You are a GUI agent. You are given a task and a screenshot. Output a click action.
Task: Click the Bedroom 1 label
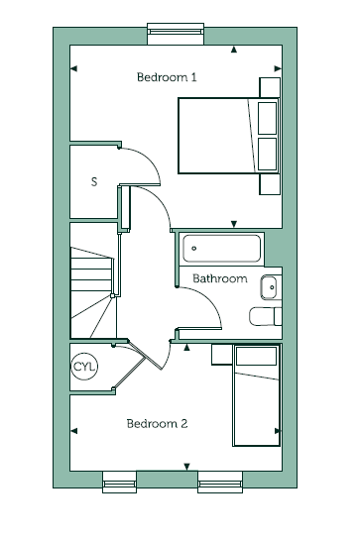(167, 76)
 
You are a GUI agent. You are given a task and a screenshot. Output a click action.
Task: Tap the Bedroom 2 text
(158, 423)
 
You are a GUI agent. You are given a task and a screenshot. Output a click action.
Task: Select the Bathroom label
(220, 278)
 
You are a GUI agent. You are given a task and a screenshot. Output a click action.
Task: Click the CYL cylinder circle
(84, 367)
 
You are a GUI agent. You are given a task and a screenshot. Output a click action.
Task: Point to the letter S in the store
(94, 181)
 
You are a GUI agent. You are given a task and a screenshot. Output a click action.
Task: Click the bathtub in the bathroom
(221, 248)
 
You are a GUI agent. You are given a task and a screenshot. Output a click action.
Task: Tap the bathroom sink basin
(269, 287)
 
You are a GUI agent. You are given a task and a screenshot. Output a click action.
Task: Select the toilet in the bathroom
(266, 316)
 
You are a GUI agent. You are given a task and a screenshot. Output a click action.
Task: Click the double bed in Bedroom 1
(228, 136)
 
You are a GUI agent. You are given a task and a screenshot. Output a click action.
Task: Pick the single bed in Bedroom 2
(257, 395)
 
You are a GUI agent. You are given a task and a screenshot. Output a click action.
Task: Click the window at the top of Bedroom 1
(176, 34)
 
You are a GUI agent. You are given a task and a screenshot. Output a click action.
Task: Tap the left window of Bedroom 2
(120, 482)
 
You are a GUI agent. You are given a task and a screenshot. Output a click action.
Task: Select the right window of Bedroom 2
(220, 482)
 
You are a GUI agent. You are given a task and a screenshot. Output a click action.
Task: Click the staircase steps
(92, 292)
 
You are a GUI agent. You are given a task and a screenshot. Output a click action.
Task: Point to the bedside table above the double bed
(270, 87)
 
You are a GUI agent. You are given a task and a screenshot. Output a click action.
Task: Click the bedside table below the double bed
(270, 184)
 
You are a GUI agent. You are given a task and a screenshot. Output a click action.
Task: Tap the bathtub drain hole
(193, 248)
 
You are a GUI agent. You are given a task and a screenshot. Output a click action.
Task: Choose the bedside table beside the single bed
(222, 354)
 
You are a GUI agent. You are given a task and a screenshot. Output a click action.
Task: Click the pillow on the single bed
(256, 356)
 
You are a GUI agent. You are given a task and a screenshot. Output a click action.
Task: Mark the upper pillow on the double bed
(268, 118)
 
